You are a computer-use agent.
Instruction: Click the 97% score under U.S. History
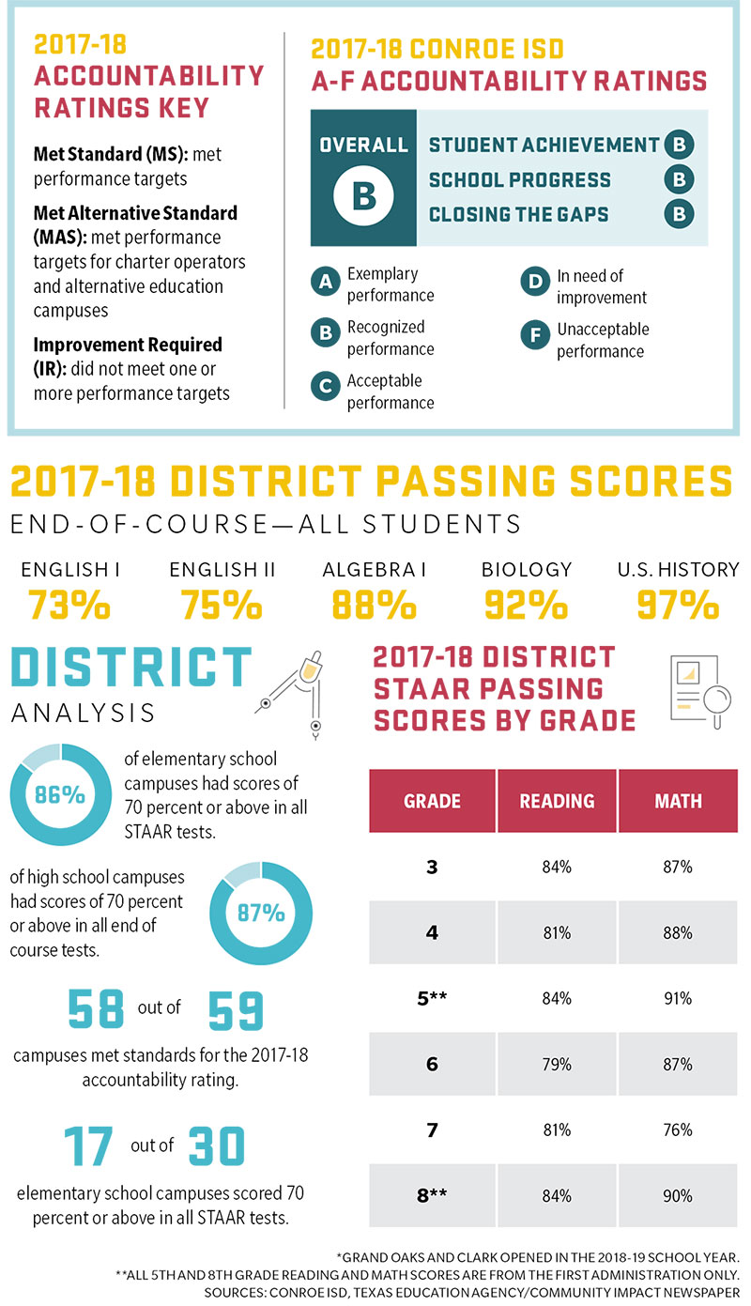coord(677,606)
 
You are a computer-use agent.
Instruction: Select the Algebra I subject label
coord(374,569)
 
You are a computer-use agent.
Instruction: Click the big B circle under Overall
coord(363,196)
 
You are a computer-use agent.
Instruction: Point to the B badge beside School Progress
coord(678,179)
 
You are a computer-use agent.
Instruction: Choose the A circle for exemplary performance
coord(325,281)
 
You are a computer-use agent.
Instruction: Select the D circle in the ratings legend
coord(534,281)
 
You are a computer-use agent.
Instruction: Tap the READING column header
coord(557,801)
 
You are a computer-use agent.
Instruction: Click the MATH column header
coord(678,801)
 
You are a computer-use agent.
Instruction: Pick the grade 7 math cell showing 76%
coord(678,1130)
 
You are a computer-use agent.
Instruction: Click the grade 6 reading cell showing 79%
coord(557,1065)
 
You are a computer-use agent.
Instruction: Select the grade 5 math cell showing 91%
coord(678,998)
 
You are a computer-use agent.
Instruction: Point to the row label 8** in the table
coord(432,1196)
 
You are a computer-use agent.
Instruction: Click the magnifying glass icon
coord(715,702)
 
